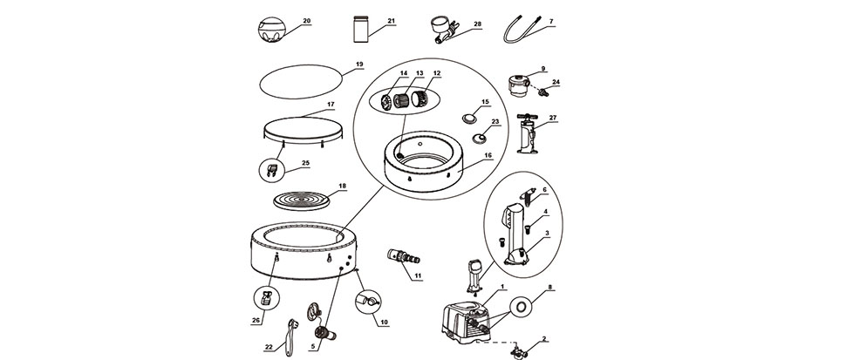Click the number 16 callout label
pos(488,154)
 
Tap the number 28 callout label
pos(478,24)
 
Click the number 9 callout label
pos(542,67)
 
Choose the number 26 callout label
pos(256,320)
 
